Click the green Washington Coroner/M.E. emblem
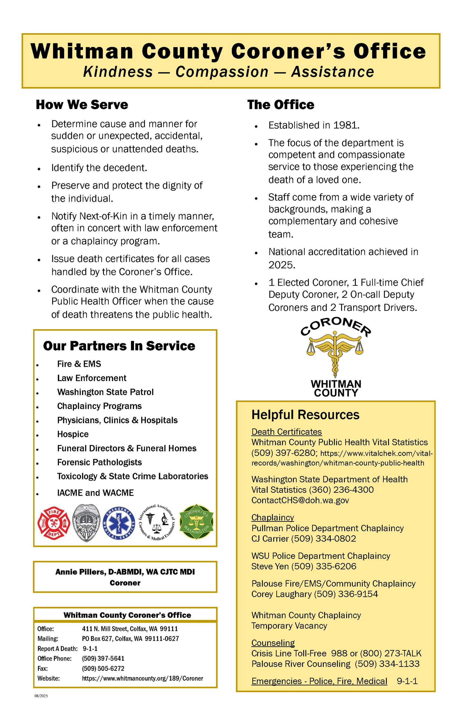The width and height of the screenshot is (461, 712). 196,522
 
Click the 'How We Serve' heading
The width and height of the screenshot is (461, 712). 82,105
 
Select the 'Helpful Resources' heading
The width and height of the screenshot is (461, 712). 305,415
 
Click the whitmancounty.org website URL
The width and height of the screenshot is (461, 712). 143,678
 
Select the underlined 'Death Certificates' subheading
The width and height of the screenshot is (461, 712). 286,432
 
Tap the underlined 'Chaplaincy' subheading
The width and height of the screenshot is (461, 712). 272,517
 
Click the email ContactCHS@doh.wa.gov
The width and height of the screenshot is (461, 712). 300,500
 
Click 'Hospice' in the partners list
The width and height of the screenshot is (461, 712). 73,434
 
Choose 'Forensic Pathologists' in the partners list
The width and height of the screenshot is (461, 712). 99,462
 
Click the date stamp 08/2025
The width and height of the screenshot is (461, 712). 41,696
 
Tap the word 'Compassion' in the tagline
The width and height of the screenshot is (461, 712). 222,72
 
